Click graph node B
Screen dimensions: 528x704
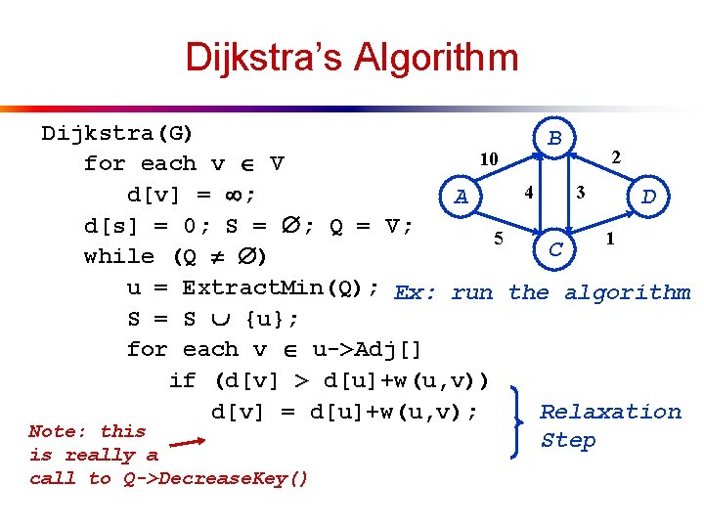tap(554, 139)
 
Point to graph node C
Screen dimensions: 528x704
tap(554, 249)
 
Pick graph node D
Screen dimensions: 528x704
tap(648, 198)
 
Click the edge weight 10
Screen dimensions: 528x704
tap(488, 158)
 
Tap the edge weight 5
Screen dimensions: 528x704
tap(499, 238)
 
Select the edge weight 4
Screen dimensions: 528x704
tap(527, 193)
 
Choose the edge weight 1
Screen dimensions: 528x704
tap(611, 238)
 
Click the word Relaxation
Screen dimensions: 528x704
tap(610, 412)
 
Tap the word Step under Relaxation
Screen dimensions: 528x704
tap(568, 441)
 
